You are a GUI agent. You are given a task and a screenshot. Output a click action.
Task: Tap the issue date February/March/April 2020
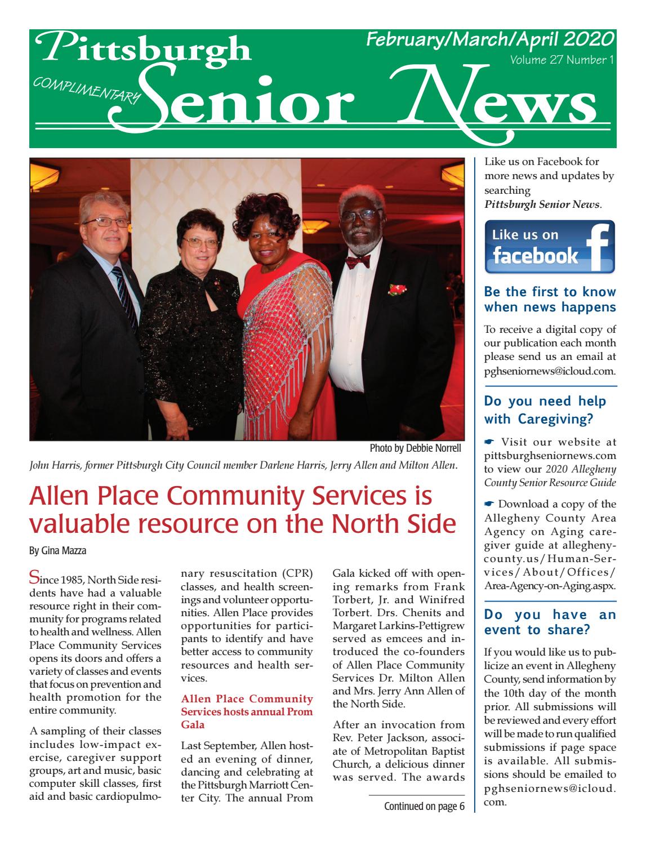(489, 39)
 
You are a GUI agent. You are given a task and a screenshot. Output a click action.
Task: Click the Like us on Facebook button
(549, 247)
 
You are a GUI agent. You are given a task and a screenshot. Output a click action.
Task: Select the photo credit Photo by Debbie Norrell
(415, 448)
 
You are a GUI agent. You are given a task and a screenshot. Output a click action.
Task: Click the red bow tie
(358, 261)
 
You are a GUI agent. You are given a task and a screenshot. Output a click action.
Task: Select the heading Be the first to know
(550, 292)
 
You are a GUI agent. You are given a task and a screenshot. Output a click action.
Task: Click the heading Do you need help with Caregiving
(545, 410)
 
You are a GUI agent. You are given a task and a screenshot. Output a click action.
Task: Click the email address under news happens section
(549, 371)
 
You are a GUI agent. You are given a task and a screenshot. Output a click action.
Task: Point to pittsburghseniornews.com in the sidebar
(550, 455)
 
